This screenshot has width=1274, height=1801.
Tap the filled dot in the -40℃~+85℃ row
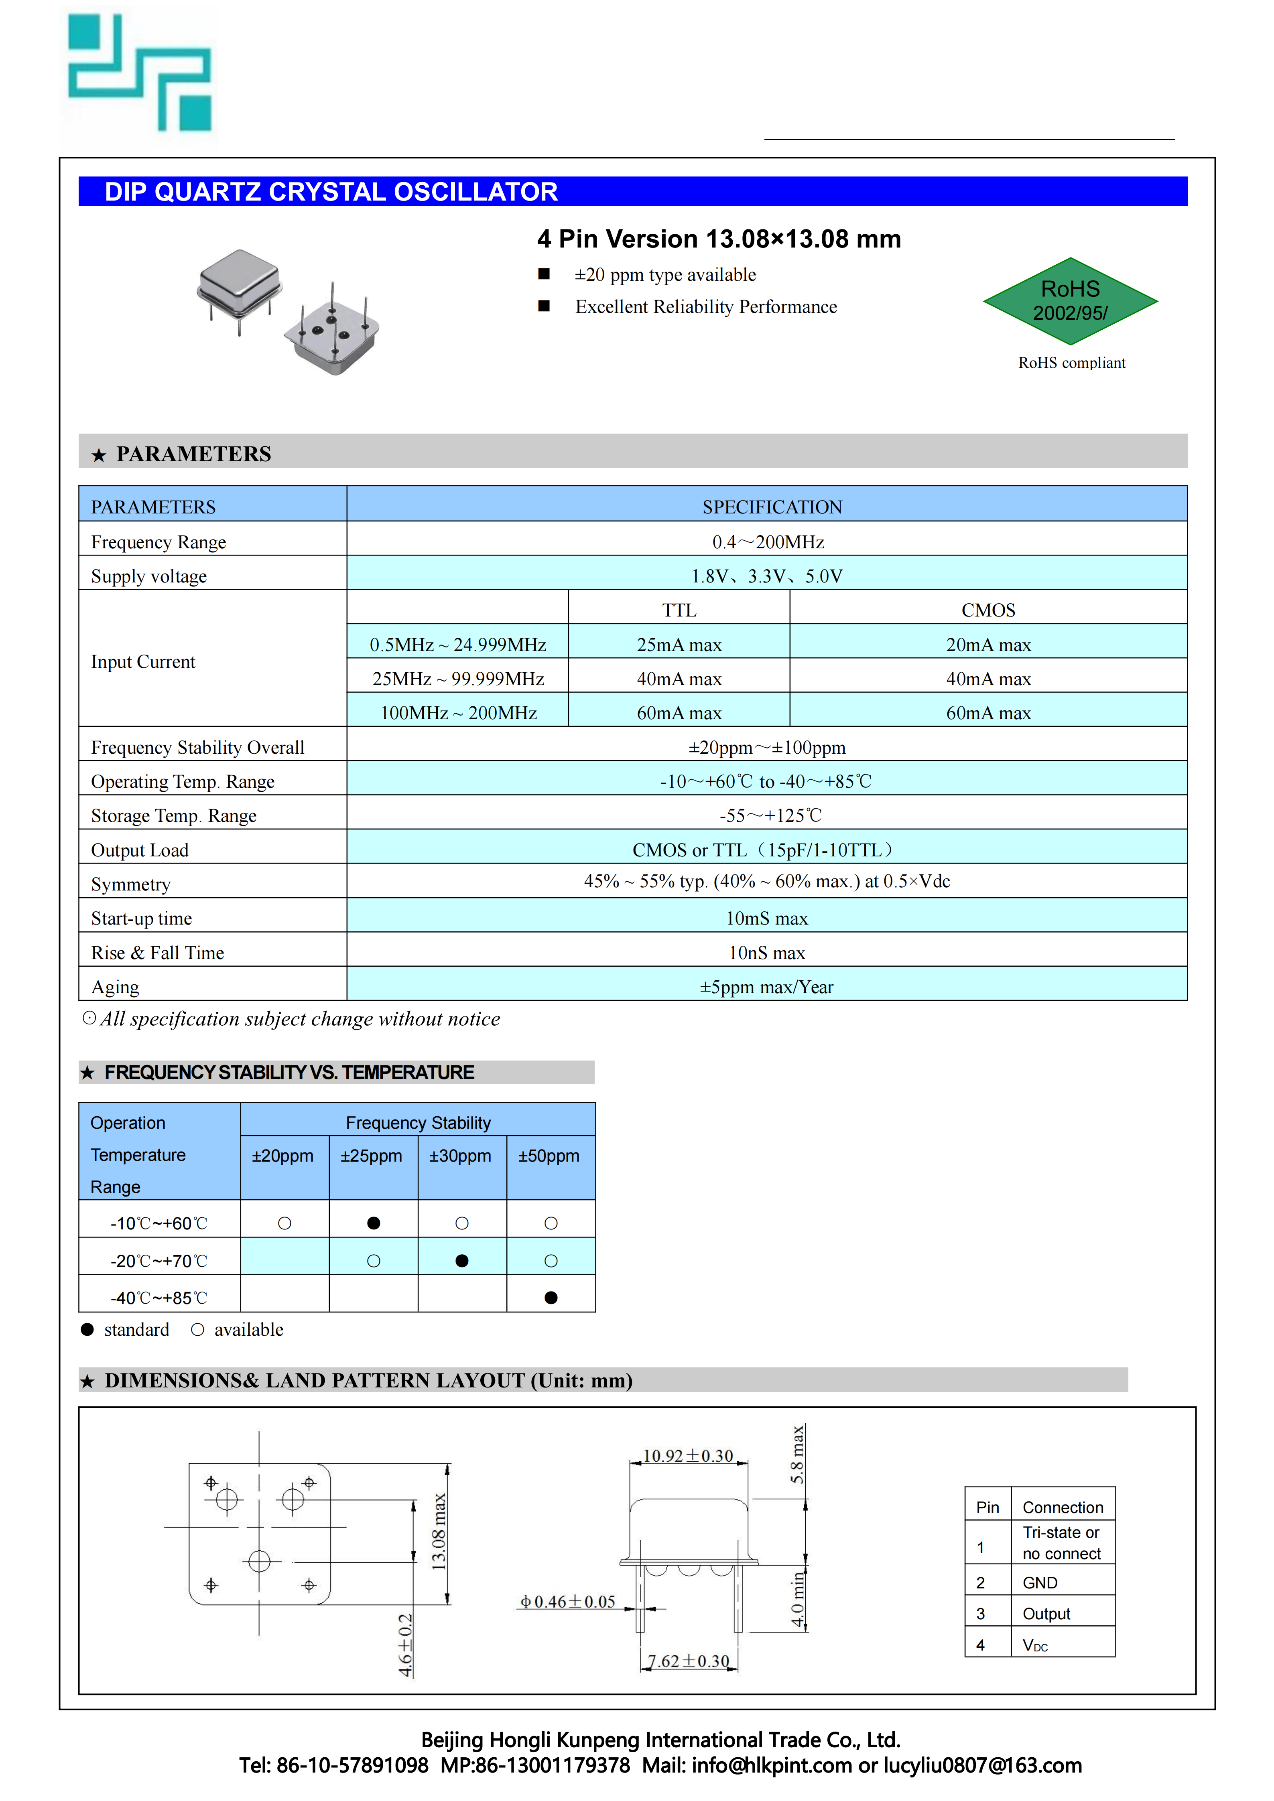click(x=551, y=1298)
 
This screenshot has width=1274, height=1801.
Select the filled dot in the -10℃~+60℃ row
click(x=374, y=1223)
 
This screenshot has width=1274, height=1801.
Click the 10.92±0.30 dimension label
click(x=688, y=1456)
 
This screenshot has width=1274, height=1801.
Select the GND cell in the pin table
click(x=1040, y=1583)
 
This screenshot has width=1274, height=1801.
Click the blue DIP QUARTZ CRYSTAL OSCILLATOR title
click(x=331, y=192)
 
